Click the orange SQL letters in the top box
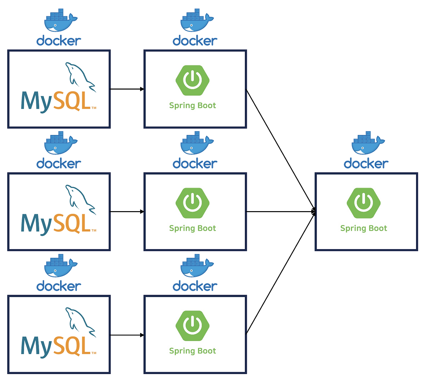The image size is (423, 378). point(72,101)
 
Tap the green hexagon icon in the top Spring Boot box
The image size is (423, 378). point(193,80)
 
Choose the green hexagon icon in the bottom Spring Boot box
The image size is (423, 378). point(193,326)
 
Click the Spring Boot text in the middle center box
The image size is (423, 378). point(192,228)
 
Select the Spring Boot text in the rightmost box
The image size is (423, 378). point(364,228)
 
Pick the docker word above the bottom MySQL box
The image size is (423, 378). point(59,286)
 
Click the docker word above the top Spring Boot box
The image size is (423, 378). point(195,41)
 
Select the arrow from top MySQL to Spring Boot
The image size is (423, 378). point(127,89)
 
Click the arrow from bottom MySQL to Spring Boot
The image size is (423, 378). point(127,335)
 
